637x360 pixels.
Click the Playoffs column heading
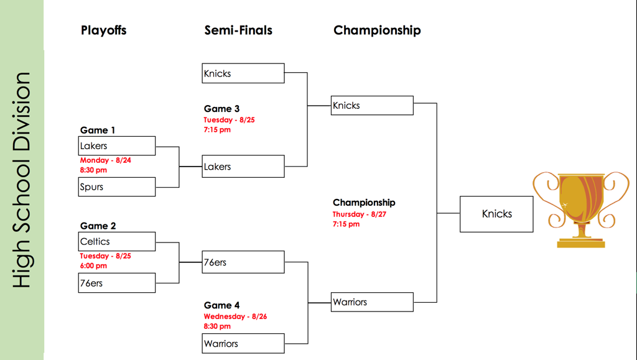coord(103,30)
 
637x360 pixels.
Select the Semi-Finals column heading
coord(238,30)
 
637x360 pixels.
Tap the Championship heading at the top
coord(377,30)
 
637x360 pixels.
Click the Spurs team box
coord(117,187)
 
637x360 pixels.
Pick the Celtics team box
coord(117,241)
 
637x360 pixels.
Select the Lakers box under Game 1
coord(117,145)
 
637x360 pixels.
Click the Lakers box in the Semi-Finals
coord(243,167)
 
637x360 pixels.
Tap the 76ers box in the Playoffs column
coord(117,283)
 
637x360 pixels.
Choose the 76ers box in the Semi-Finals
coord(243,262)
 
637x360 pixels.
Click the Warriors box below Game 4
coord(243,343)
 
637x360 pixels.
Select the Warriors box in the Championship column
coord(372,302)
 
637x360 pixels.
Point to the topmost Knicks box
coord(243,73)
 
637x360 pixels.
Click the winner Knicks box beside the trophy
coord(496,214)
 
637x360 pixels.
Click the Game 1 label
coord(98,130)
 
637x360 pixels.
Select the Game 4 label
coord(221,305)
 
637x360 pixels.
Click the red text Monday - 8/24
coord(105,160)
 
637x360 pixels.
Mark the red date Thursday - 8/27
coord(360,215)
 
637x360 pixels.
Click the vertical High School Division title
coord(22,180)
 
